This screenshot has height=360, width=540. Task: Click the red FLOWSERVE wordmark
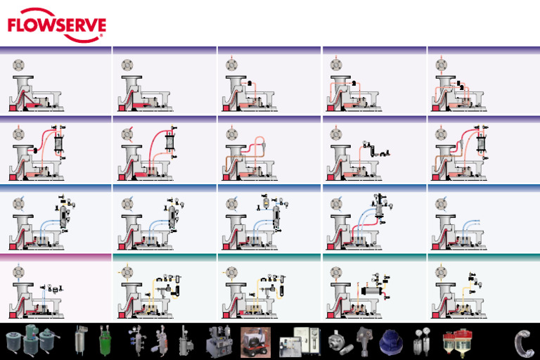point(56,25)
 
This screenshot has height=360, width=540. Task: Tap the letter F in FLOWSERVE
point(13,25)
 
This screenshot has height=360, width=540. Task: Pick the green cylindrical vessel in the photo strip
point(105,341)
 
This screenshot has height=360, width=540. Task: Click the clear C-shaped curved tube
point(523,342)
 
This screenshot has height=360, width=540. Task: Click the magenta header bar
point(56,257)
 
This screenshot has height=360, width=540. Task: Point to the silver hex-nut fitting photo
point(336,341)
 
